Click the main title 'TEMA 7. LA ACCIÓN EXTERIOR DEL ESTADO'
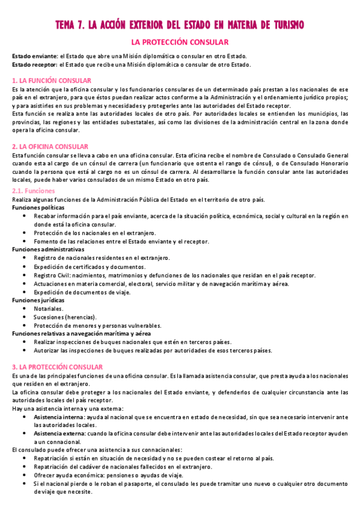(180, 25)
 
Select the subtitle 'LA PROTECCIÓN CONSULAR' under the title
(180, 42)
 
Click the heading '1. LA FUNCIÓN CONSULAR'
(52, 80)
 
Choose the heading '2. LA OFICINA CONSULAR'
(50, 146)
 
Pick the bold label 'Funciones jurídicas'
(38, 300)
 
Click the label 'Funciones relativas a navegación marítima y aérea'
(81, 333)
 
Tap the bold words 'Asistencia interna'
(59, 416)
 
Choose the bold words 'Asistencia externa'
(59, 433)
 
